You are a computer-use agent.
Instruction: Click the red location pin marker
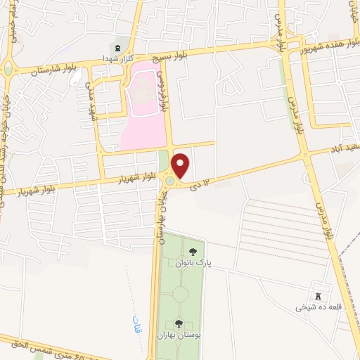coord(181,165)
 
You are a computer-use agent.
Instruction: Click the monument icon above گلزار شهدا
coord(117,47)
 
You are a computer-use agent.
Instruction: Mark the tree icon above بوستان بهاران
coord(178,323)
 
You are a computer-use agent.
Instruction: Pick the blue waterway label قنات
coord(136,325)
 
